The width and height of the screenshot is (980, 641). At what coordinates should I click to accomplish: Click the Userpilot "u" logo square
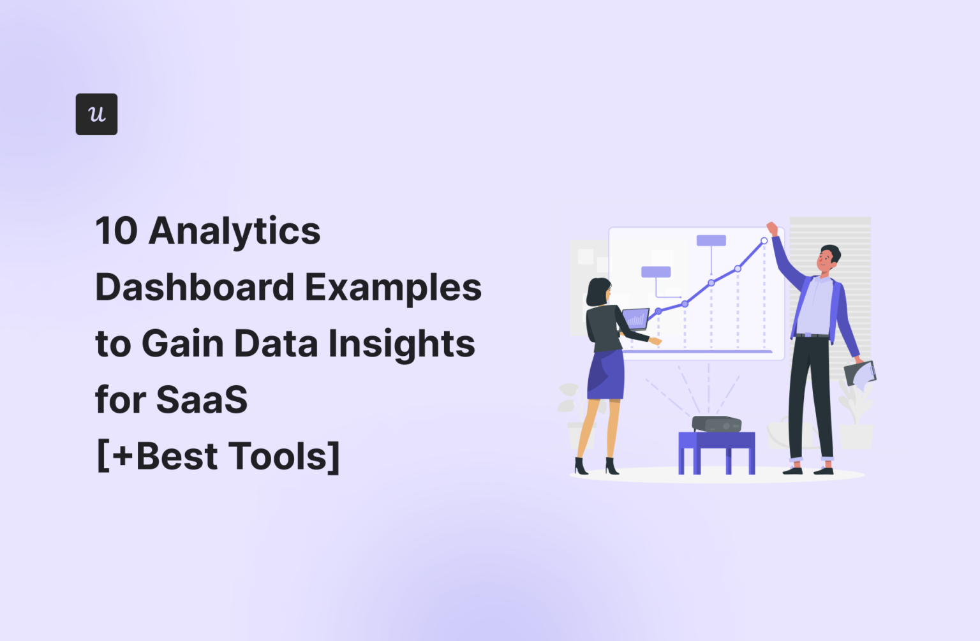click(96, 114)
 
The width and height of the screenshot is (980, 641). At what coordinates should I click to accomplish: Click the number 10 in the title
click(116, 231)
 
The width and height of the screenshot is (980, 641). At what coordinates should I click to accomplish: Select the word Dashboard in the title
click(194, 288)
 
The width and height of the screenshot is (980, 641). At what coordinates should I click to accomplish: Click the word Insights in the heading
click(401, 344)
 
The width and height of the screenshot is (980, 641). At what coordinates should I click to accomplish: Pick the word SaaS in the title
click(202, 400)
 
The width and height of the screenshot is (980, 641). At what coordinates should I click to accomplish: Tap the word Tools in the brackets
click(278, 457)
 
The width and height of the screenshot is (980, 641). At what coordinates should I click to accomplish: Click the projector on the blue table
click(716, 424)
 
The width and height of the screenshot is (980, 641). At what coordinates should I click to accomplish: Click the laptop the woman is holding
click(635, 318)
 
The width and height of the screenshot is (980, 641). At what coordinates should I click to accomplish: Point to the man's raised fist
click(772, 228)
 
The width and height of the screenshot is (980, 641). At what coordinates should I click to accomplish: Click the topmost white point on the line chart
click(764, 241)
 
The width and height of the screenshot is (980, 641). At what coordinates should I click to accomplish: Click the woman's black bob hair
click(597, 292)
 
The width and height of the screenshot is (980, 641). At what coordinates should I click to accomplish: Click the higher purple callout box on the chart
click(711, 240)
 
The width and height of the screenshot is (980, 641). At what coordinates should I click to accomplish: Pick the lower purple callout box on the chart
click(656, 272)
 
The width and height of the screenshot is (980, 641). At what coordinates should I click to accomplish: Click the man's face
click(826, 260)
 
